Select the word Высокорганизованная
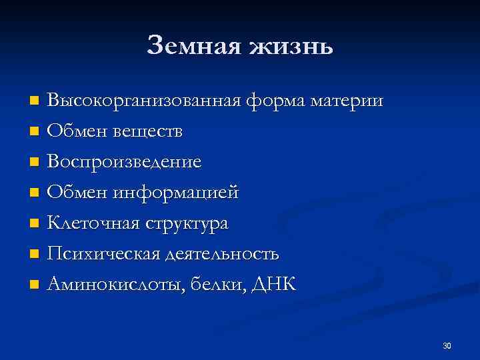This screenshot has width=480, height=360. [146, 101]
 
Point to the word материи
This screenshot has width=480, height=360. [348, 102]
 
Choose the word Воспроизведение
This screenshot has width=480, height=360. [125, 163]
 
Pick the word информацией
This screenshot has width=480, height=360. [175, 193]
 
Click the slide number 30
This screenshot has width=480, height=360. [447, 345]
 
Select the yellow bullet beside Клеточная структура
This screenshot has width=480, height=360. [35, 224]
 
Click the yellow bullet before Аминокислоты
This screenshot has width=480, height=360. [35, 285]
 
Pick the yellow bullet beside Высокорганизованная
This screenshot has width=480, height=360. [35, 101]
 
